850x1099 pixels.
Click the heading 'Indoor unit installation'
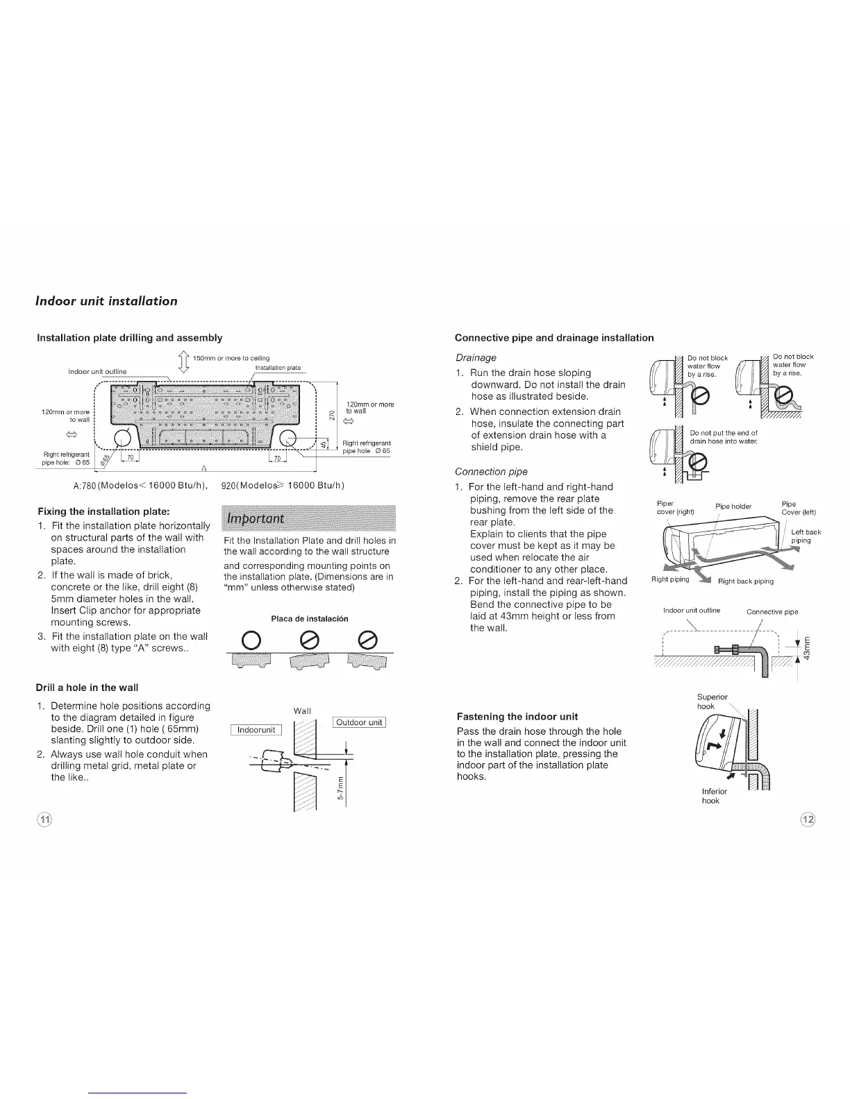(x=106, y=301)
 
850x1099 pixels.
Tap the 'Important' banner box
(x=308, y=518)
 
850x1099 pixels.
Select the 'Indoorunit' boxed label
(x=256, y=729)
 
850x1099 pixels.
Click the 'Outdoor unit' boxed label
(x=359, y=722)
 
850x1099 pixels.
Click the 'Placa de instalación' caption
(x=309, y=618)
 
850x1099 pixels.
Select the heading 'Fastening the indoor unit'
(x=517, y=716)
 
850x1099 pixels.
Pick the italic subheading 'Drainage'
(x=476, y=357)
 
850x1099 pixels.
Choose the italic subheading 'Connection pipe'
(x=491, y=472)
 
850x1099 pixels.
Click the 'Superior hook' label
(x=712, y=701)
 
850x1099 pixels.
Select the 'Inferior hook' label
(x=714, y=796)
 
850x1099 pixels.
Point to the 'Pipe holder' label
(x=733, y=506)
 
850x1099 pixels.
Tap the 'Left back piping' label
(x=806, y=536)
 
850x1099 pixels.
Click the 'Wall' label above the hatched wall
(x=302, y=710)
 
